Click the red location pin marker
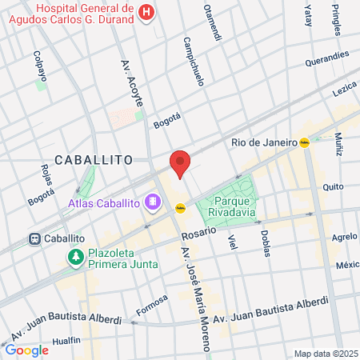coord(180,162)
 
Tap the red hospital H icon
coord(146,12)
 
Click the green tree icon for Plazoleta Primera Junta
coord(75,256)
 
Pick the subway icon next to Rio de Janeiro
coord(304,142)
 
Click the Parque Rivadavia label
coord(230,206)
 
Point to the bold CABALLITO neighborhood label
coord(94,160)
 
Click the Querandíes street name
coord(326,58)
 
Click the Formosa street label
coord(151,304)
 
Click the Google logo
coord(26,350)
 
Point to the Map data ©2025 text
coord(324,354)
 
